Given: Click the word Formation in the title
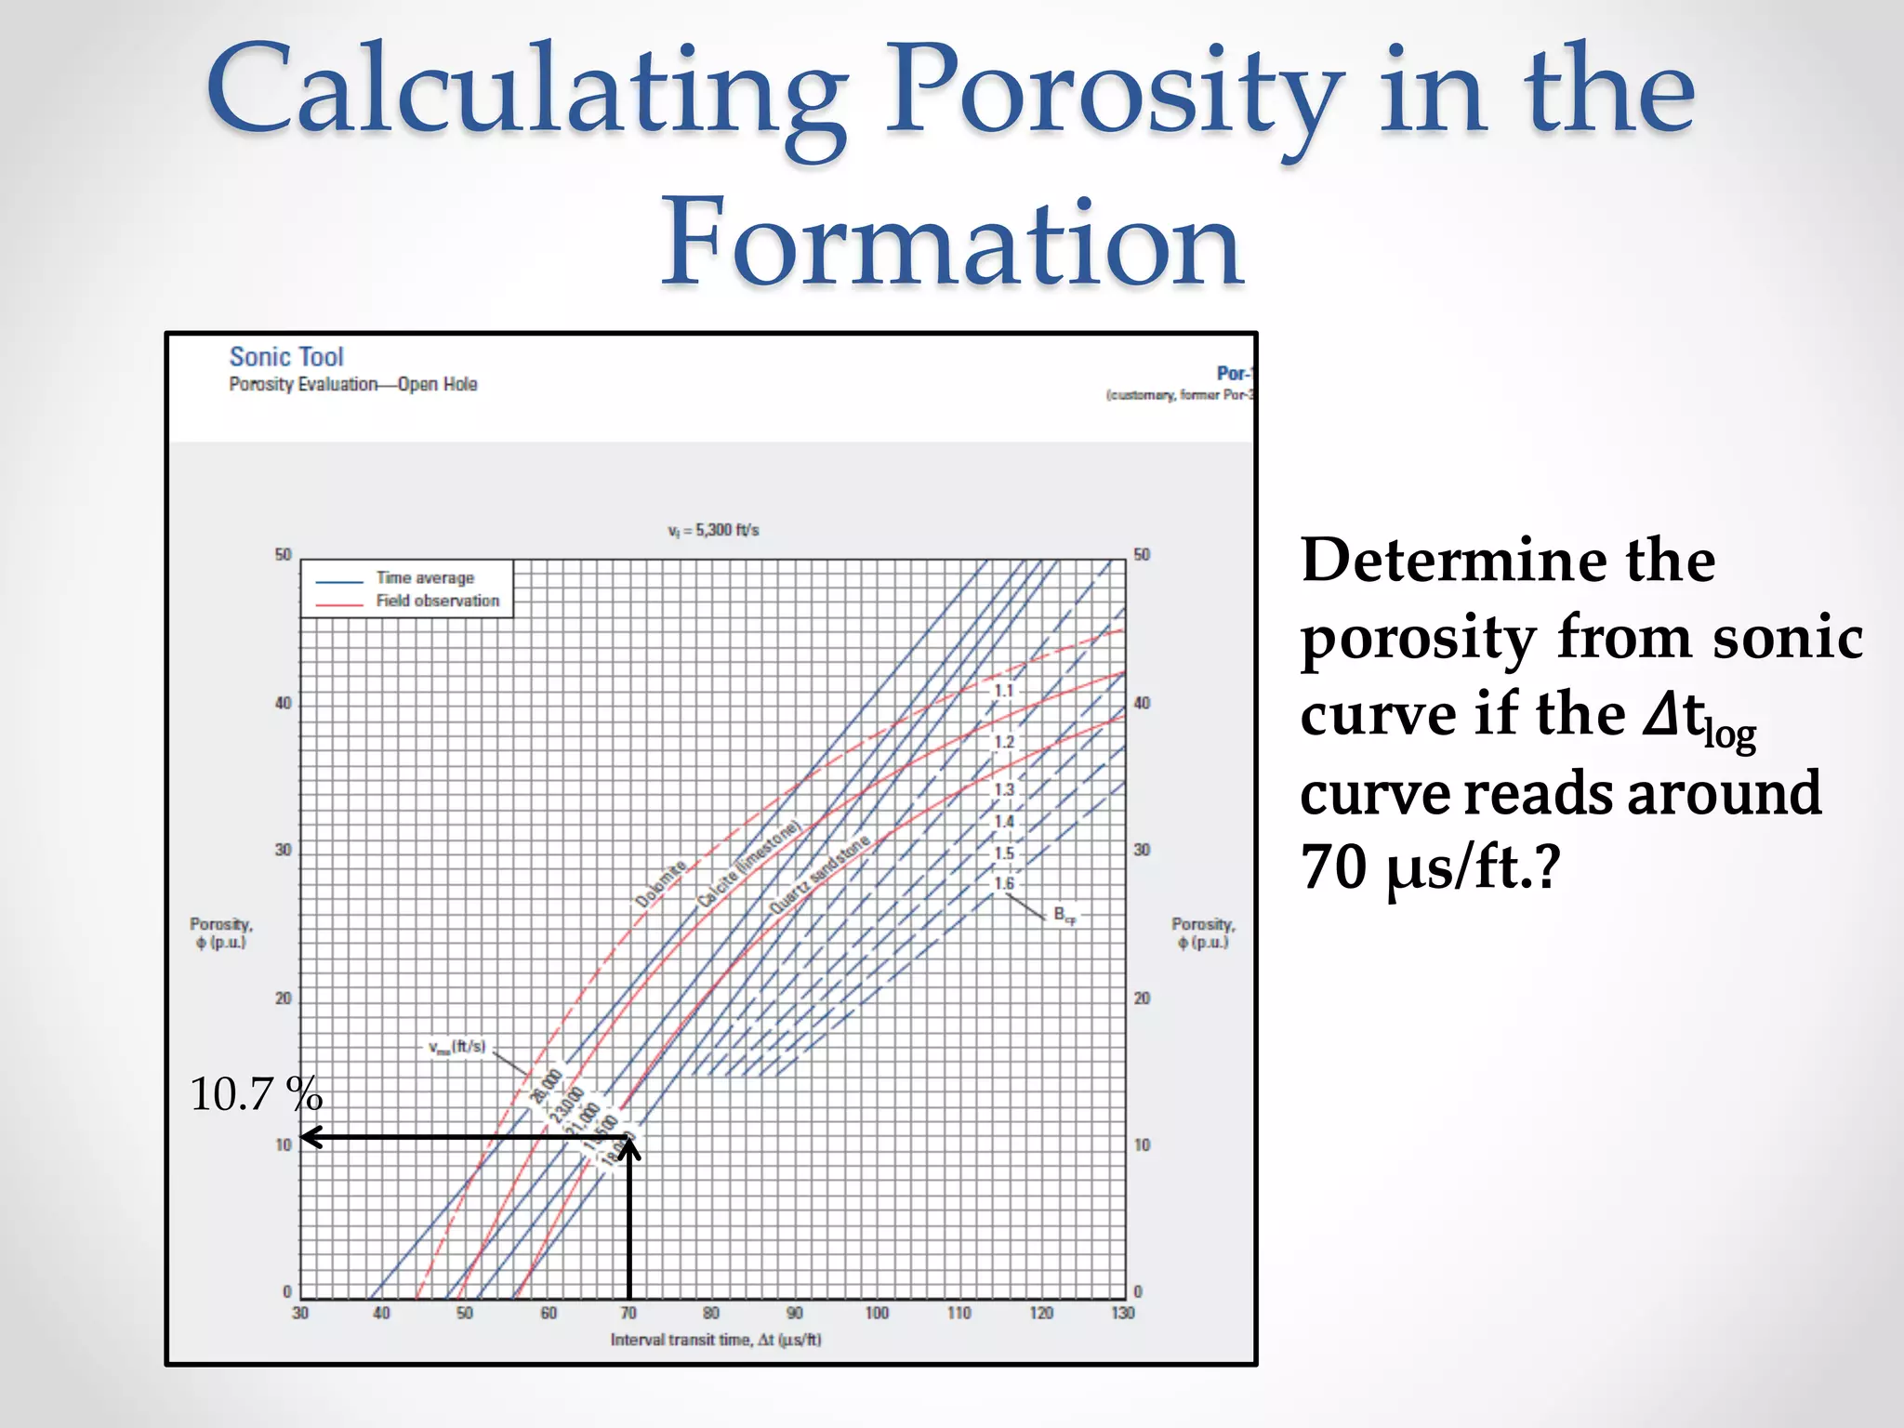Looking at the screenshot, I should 951,244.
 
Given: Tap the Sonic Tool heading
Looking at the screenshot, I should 286,357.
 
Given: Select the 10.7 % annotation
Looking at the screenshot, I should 256,1094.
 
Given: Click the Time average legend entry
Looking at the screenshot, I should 425,578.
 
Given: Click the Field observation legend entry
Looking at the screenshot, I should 437,602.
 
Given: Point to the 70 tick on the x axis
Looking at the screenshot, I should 628,1314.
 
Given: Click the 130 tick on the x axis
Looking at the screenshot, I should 1123,1314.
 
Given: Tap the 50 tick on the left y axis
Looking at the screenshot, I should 283,555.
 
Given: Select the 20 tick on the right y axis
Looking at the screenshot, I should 1142,998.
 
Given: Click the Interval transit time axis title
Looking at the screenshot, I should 716,1340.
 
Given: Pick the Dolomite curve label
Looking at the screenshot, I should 660,884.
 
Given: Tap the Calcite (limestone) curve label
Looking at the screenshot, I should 748,865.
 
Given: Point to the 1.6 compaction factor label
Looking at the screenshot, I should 1004,883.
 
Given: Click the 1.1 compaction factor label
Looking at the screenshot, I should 1004,691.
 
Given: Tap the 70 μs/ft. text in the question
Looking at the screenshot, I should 1429,867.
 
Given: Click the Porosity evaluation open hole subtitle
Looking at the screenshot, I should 353,385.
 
